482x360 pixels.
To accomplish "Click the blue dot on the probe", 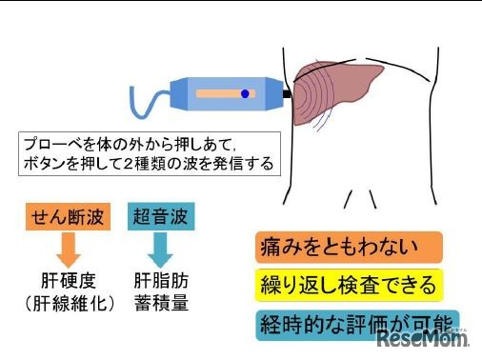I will pyautogui.click(x=245, y=93).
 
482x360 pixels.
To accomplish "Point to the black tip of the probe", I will pyautogui.click(x=286, y=93).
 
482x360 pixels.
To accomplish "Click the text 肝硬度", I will pyautogui.click(x=65, y=283).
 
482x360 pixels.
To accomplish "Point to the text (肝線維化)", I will pyautogui.click(x=65, y=305).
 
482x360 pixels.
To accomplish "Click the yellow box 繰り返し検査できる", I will pyautogui.click(x=349, y=284).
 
